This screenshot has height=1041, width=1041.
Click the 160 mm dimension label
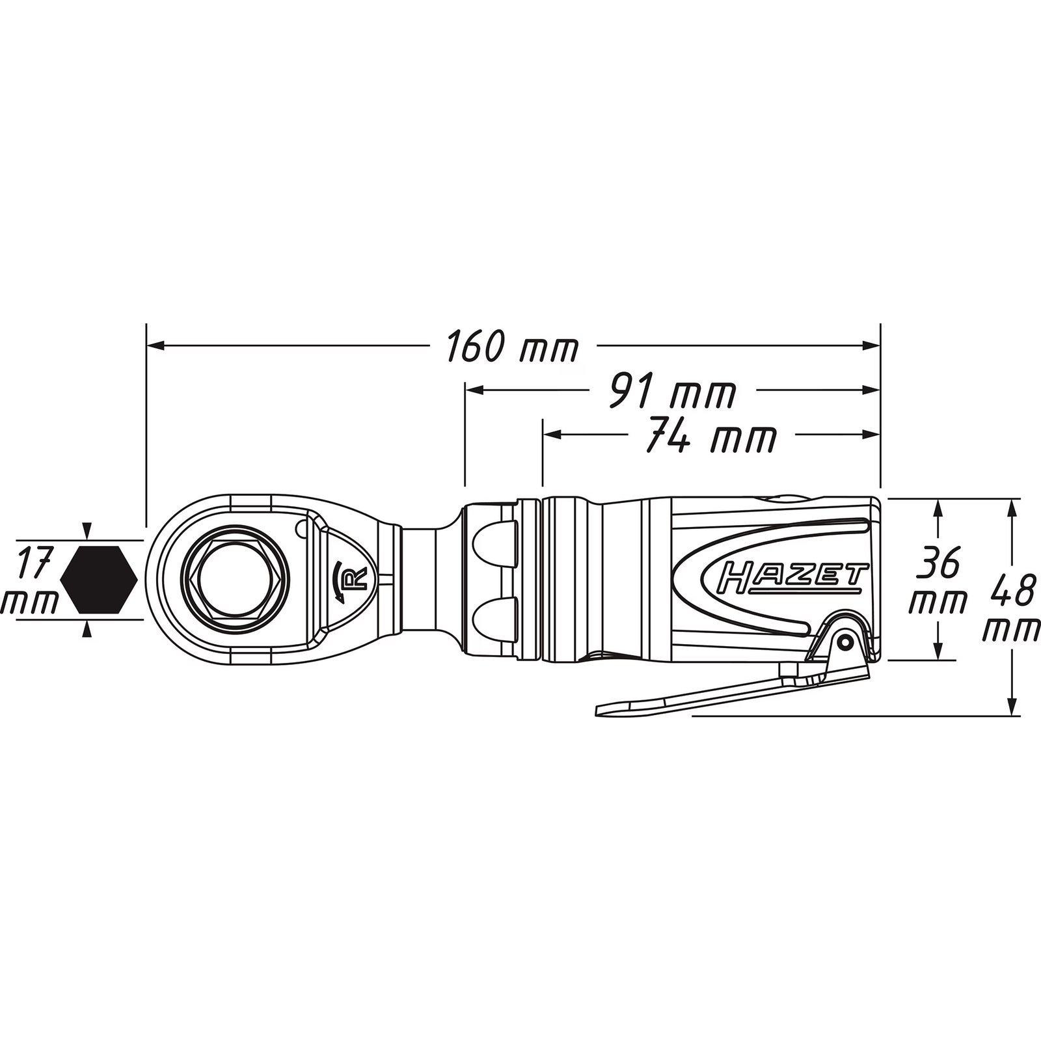(512, 347)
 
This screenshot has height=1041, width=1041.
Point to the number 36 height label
(938, 563)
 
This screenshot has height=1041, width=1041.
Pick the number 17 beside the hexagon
(33, 563)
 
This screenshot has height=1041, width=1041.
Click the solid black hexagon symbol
(99, 579)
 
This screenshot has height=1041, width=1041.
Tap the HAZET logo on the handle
(791, 577)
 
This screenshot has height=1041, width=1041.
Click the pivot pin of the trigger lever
(846, 642)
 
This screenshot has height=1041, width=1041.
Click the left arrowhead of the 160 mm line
(155, 345)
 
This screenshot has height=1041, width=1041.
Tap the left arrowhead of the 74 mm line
(552, 434)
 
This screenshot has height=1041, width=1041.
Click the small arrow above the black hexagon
(87, 530)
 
